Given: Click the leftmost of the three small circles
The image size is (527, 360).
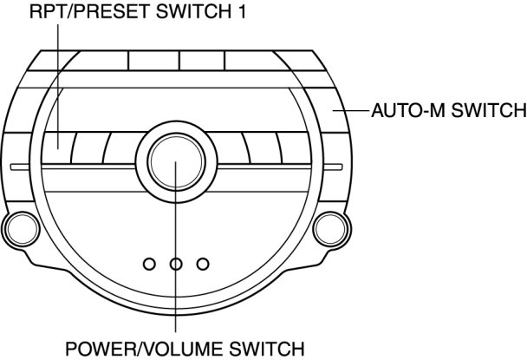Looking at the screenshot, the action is click(x=149, y=263).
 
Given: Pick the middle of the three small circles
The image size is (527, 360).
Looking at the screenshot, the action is click(x=175, y=263).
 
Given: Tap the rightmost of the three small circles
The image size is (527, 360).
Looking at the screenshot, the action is click(x=203, y=263).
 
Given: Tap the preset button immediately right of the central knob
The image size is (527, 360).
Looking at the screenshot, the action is click(x=224, y=144).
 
